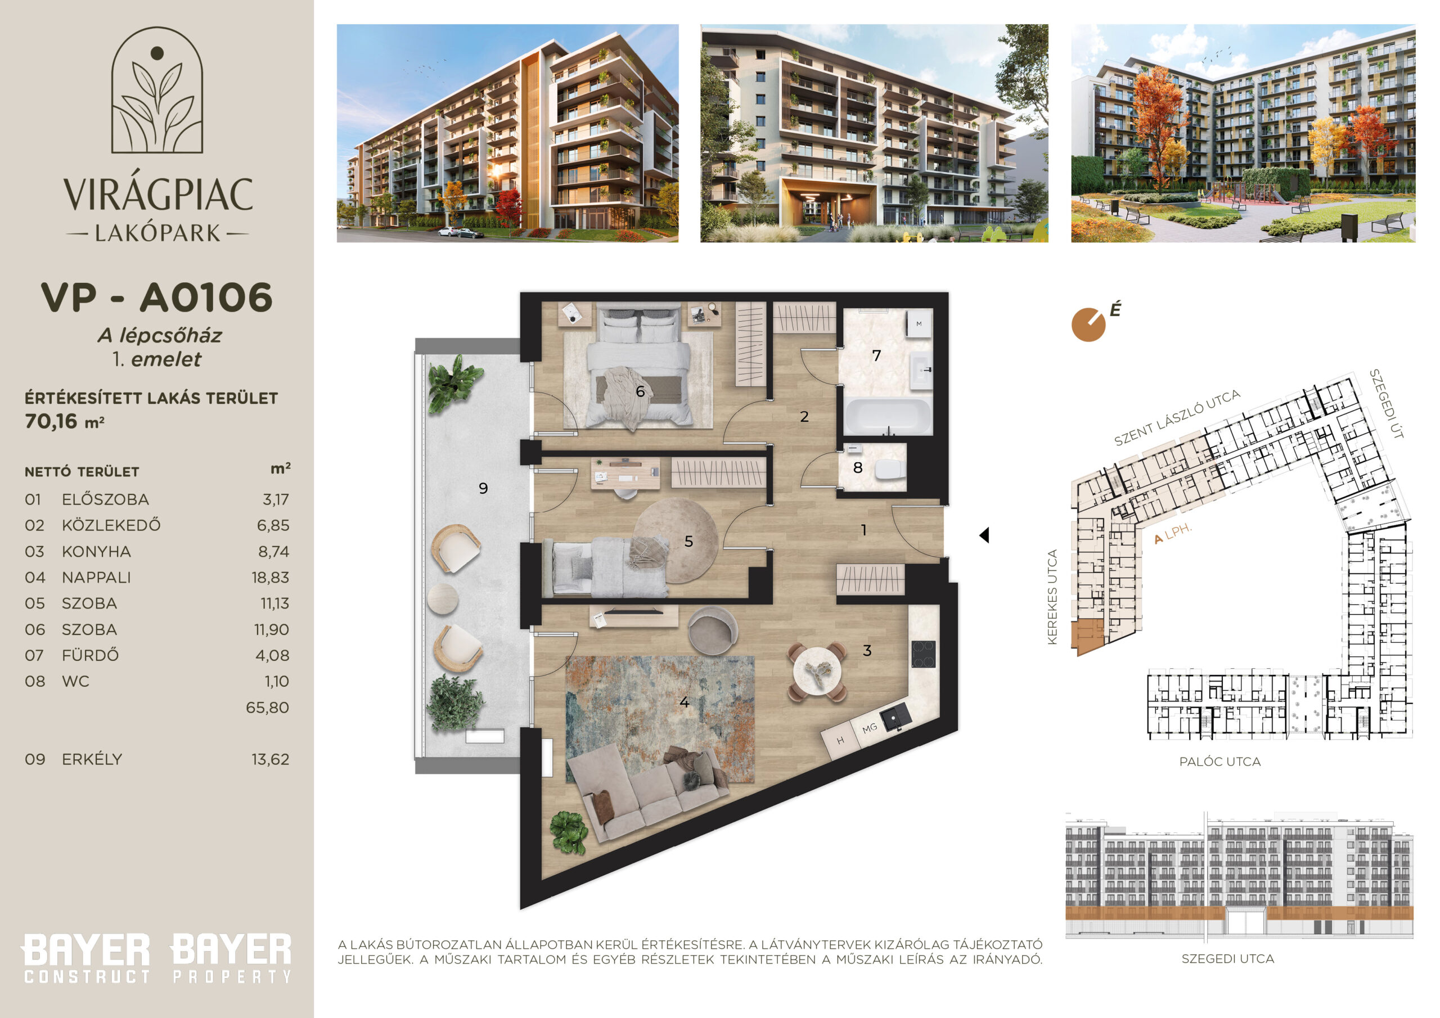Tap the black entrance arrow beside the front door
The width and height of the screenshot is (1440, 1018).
point(984,535)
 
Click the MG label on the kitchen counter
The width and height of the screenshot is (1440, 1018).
point(869,729)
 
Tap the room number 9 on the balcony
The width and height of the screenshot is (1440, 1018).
point(483,488)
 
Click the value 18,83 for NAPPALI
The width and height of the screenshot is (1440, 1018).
point(271,578)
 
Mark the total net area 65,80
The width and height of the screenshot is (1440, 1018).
point(267,708)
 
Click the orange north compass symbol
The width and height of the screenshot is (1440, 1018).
point(1088,325)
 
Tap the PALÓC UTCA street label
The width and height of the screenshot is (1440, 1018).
point(1220,762)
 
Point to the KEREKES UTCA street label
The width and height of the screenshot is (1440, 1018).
point(1052,597)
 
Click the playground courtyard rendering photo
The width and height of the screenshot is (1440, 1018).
point(1243,133)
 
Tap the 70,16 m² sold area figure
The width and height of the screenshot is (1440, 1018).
point(64,421)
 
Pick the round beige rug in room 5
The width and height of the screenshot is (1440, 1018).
point(676,540)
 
